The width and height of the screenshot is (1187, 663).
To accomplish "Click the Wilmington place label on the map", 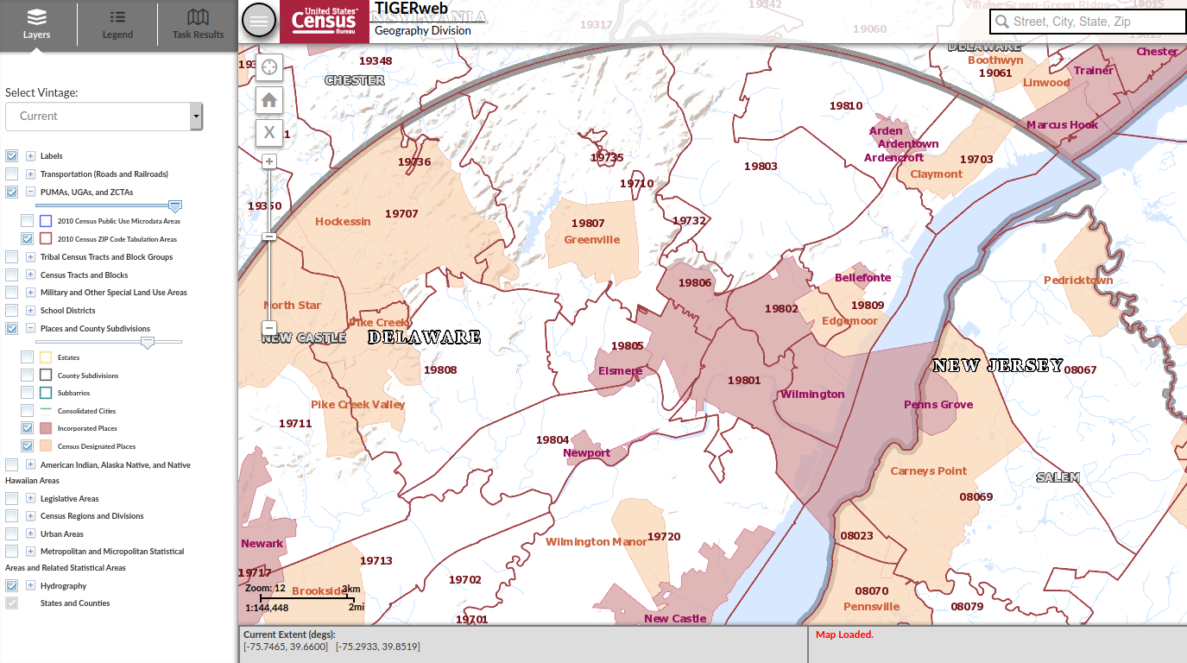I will click(811, 395).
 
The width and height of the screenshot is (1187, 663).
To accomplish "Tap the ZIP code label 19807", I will click(588, 224).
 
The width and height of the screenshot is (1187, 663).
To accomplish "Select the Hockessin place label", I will click(343, 222).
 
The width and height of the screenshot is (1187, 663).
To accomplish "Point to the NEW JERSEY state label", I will click(997, 366).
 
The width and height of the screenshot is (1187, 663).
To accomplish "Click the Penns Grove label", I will click(938, 405).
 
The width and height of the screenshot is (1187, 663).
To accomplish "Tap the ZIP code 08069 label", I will click(975, 497).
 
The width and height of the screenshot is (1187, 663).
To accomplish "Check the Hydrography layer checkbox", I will click(12, 585).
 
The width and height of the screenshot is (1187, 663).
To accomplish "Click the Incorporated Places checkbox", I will click(28, 428).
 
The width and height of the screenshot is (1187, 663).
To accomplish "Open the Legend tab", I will click(117, 24).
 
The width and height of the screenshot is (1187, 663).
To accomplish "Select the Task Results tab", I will click(198, 24).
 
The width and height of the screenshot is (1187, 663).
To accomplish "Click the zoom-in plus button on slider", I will click(269, 161).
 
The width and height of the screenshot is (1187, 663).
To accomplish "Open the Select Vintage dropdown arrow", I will click(196, 116).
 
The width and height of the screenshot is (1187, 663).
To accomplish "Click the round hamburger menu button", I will click(259, 21).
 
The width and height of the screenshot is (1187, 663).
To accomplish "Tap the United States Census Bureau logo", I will click(324, 21).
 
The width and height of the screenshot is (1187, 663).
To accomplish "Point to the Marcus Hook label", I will click(1062, 125).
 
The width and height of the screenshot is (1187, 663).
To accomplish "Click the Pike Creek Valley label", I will click(357, 405).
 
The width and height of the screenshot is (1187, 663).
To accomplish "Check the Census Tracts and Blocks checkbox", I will click(12, 275).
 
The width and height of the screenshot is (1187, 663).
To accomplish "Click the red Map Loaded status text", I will click(844, 635).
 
